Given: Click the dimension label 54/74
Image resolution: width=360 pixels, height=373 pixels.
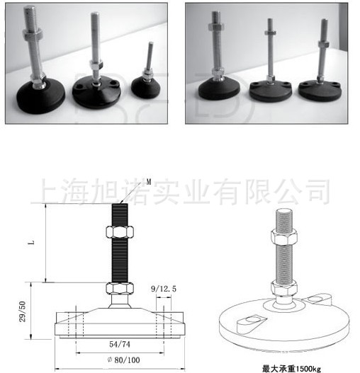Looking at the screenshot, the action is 120,344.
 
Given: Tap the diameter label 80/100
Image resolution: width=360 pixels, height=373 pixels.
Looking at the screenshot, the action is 123,360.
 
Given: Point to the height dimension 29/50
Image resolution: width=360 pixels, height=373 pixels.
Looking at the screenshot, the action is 23,311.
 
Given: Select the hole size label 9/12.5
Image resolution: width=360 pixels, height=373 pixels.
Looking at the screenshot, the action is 164,289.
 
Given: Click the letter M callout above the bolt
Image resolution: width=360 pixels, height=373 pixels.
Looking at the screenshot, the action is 149,182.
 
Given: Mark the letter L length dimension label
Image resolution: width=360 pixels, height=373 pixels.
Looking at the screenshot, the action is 31,243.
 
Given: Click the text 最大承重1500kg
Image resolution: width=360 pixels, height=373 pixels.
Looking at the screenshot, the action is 292,369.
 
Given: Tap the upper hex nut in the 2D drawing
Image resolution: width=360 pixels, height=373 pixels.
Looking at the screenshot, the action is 120,232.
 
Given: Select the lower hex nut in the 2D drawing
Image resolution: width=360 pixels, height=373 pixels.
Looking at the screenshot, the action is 120,288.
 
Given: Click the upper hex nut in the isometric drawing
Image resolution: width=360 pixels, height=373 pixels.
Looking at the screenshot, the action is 284,236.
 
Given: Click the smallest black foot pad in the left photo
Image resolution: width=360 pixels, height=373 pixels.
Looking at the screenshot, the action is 145,87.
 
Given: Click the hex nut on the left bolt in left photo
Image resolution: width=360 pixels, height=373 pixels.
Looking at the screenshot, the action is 33,35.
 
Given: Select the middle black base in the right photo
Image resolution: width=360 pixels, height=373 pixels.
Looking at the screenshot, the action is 271,91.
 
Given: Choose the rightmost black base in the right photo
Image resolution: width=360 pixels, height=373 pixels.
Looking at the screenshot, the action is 320,91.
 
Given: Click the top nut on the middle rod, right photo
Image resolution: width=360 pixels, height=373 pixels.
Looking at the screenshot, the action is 270,33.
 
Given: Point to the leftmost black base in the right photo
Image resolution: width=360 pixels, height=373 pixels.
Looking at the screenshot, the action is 219,88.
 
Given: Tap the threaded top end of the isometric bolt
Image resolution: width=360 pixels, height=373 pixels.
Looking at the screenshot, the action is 284,219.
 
